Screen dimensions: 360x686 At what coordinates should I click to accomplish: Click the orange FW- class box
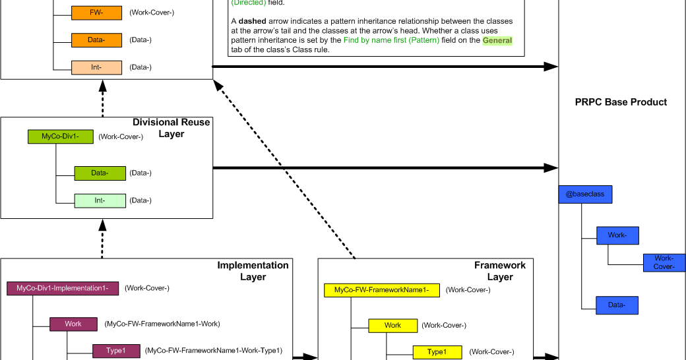[96, 13]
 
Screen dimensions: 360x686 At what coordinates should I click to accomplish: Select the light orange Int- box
[96, 67]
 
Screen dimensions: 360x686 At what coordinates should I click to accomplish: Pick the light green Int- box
[100, 200]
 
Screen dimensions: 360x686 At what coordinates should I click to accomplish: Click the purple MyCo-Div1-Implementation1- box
[63, 288]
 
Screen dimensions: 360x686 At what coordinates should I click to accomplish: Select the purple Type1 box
[115, 351]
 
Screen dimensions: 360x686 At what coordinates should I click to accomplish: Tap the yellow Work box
[392, 325]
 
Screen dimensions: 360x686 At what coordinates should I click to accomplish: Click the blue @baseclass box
[585, 195]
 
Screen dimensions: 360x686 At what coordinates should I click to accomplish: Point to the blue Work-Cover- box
[664, 262]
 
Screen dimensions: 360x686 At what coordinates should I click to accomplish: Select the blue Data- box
[617, 305]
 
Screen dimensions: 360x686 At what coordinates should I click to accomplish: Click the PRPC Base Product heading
[621, 102]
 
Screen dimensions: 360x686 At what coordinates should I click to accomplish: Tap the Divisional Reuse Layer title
[171, 128]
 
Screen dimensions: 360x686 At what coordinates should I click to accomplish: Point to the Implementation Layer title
[253, 271]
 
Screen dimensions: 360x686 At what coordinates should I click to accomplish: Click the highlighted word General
[497, 40]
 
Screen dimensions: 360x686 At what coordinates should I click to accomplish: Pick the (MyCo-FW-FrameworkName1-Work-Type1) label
[214, 351]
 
